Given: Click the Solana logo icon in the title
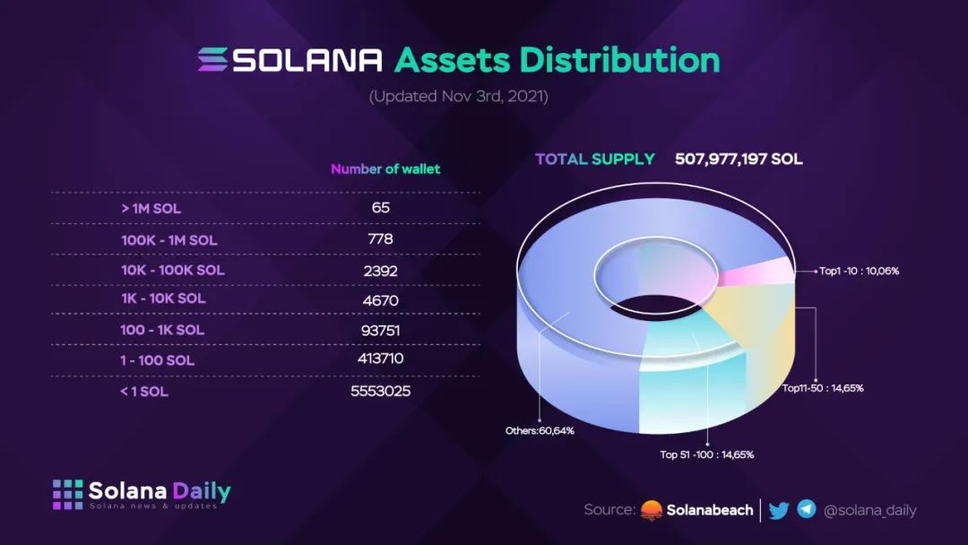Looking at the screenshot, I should (213, 59).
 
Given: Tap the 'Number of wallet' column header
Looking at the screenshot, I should (385, 169).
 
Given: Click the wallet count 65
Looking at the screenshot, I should (380, 208).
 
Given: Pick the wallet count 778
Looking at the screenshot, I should (380, 239).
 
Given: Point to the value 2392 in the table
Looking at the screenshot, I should (380, 270).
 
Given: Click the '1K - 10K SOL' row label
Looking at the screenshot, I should (163, 298).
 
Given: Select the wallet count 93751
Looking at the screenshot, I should (380, 330).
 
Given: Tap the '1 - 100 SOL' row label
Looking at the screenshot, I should (158, 360).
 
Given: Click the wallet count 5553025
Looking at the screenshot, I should (380, 391).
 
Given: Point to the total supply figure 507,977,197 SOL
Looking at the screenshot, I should (739, 160).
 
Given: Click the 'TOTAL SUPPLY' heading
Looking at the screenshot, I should (595, 160).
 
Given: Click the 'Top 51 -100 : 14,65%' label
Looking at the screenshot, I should (707, 454).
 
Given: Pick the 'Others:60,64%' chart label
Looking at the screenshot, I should (540, 430).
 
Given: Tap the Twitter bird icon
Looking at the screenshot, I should (779, 510).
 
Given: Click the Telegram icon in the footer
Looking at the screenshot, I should (807, 509).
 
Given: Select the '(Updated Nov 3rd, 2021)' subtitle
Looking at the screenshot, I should (458, 96).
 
